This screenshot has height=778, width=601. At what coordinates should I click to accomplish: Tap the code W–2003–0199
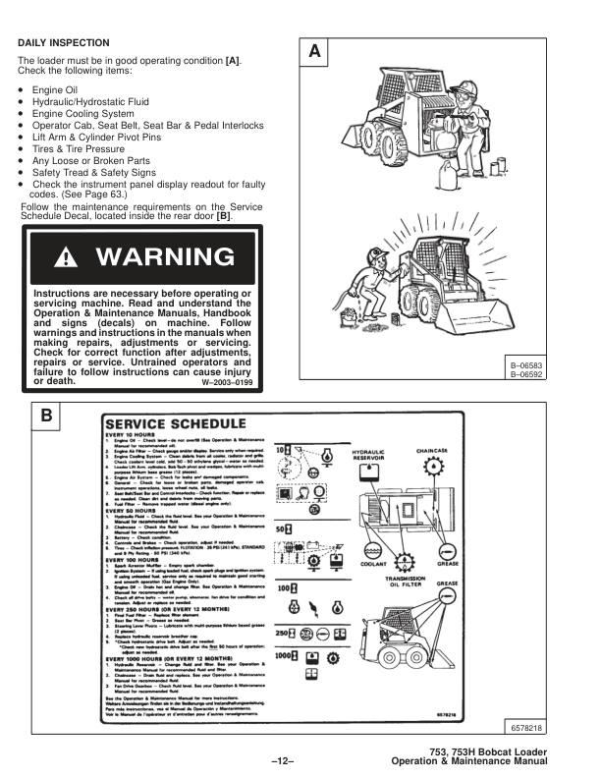(228, 381)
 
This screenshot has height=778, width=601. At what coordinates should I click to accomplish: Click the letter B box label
(46, 417)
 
